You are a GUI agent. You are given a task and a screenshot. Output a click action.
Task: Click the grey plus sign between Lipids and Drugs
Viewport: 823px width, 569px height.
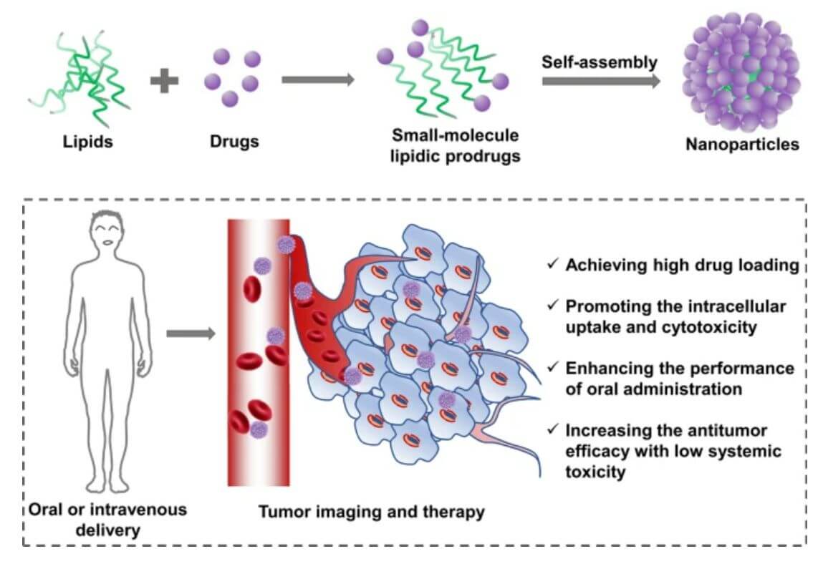[x=164, y=81]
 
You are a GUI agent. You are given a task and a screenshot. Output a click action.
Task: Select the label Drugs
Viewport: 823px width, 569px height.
[x=234, y=141]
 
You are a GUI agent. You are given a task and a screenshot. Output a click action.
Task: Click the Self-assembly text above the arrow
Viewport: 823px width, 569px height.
[x=599, y=62]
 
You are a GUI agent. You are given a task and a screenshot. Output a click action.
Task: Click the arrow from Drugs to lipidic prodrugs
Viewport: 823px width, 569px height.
[x=318, y=79]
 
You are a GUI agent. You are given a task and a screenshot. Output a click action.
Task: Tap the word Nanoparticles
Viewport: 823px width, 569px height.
[x=741, y=145]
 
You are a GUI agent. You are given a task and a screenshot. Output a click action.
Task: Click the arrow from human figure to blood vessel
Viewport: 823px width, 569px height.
[x=190, y=333]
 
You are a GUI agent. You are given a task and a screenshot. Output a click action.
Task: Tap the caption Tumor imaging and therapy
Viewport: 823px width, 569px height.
[x=371, y=512]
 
